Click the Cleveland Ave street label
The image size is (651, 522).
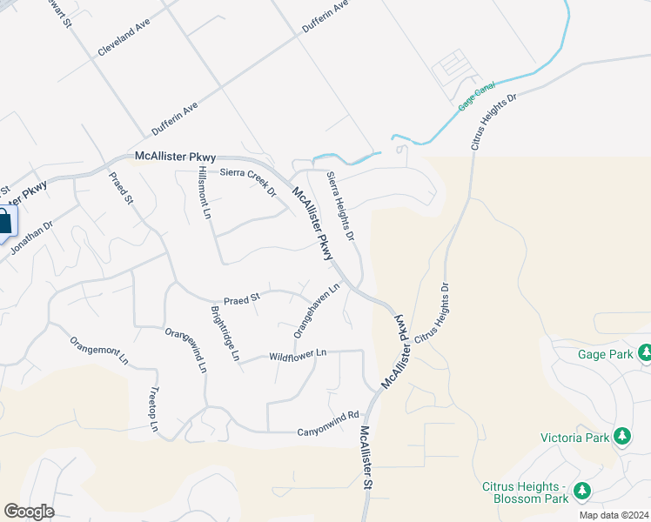pyautogui.click(x=124, y=36)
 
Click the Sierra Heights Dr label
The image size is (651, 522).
pyautogui.click(x=340, y=205)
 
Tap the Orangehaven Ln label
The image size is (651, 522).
pyautogui.click(x=316, y=310)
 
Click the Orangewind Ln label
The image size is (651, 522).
pyautogui.click(x=186, y=350)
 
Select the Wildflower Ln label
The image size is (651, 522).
pyautogui.click(x=298, y=354)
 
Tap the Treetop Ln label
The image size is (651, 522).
pyautogui.click(x=153, y=410)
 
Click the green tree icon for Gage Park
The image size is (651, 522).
pyautogui.click(x=645, y=353)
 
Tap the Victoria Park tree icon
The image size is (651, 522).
pyautogui.click(x=622, y=436)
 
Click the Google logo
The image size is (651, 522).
pyautogui.click(x=29, y=511)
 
